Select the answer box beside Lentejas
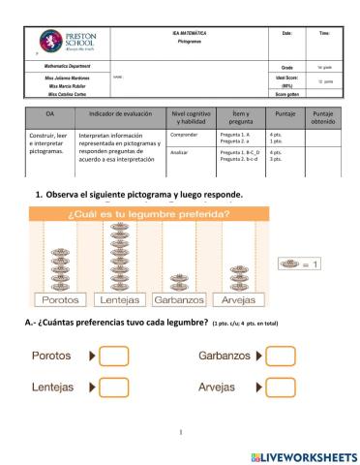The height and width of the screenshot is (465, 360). [x=115, y=387]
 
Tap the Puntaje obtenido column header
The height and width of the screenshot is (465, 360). [x=323, y=118]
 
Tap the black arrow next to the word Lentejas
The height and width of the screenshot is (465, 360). [x=91, y=387]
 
